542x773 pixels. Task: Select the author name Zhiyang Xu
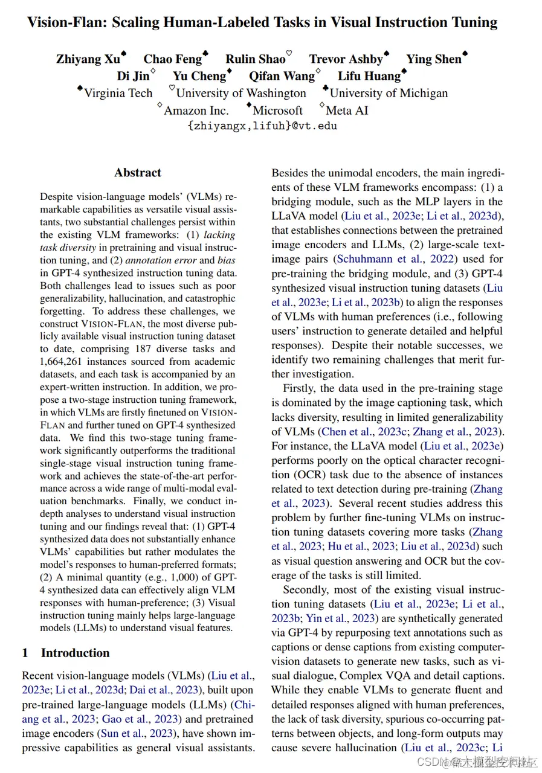pyautogui.click(x=88, y=59)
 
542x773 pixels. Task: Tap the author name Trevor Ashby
pyautogui.click(x=346, y=59)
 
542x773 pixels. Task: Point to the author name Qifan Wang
pyautogui.click(x=282, y=76)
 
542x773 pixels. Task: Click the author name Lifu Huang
pyautogui.click(x=369, y=76)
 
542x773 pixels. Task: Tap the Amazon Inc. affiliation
pyautogui.click(x=196, y=111)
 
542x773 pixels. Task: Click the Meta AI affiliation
pyautogui.click(x=347, y=111)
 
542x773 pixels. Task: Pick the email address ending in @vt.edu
pyautogui.click(x=262, y=126)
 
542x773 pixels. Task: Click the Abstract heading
pyautogui.click(x=138, y=173)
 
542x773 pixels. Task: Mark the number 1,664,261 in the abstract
pyautogui.click(x=66, y=361)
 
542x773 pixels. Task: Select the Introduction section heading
pyautogui.click(x=75, y=653)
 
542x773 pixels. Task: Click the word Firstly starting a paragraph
pyautogui.click(x=300, y=388)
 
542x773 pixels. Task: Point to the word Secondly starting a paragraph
pyautogui.click(x=307, y=589)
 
